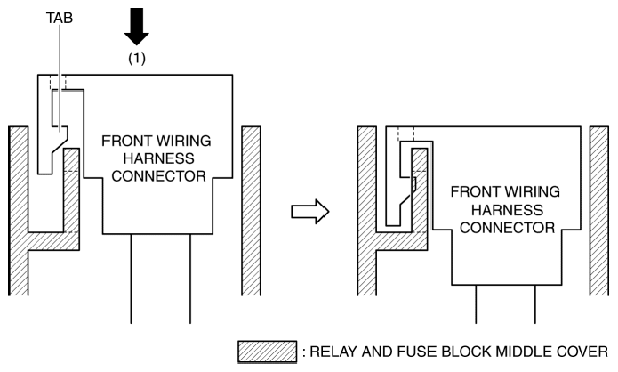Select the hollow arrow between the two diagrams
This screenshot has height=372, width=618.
pyautogui.click(x=310, y=212)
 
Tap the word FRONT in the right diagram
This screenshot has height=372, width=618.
pyautogui.click(x=473, y=193)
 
